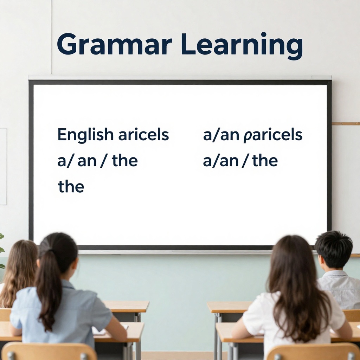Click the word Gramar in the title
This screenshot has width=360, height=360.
[114, 45]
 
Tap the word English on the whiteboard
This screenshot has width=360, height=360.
[85, 135]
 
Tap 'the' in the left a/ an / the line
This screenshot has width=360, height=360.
[124, 161]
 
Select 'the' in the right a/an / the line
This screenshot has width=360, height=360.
[265, 161]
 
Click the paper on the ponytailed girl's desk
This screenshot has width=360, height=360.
[100, 330]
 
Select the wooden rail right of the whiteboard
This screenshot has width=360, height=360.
[346, 124]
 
